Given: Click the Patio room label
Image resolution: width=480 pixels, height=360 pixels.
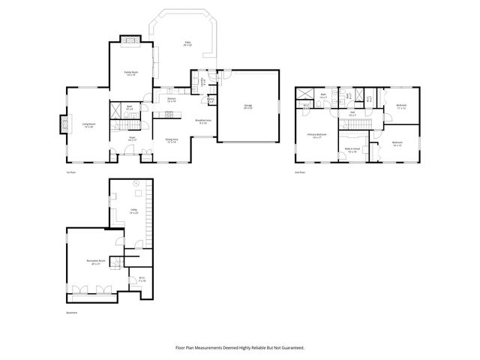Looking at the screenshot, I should [187, 44].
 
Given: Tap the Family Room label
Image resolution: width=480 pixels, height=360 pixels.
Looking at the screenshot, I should [131, 73].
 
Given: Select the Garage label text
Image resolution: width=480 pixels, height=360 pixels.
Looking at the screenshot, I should [247, 106].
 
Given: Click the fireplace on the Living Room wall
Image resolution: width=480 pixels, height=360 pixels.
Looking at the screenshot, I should [60, 125].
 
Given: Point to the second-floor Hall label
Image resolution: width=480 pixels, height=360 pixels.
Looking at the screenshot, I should [352, 114].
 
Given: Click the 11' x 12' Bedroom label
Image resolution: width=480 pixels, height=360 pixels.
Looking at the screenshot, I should [400, 106].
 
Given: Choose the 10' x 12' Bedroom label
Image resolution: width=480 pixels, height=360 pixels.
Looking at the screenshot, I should [397, 143].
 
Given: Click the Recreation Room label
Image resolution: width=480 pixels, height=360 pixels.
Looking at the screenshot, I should [95, 262].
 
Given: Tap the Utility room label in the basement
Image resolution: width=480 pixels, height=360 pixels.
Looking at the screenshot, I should [133, 212].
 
